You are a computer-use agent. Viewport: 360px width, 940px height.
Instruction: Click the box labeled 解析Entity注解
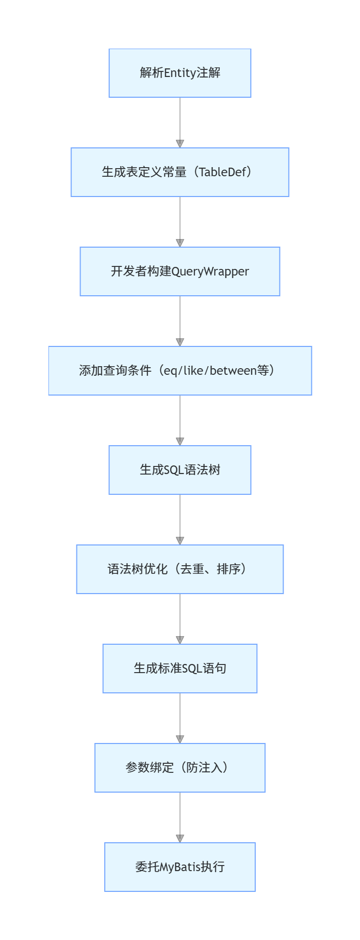[180, 73]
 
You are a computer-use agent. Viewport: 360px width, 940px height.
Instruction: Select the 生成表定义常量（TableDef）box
[180, 172]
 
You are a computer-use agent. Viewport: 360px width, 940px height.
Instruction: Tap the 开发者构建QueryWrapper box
[180, 271]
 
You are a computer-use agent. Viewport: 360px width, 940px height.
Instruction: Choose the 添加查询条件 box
[180, 371]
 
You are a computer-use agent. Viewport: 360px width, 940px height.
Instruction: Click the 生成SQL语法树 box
[180, 470]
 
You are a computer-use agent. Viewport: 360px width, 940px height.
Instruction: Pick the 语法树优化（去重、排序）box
[180, 569]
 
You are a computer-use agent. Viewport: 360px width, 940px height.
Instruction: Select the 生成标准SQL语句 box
[180, 669]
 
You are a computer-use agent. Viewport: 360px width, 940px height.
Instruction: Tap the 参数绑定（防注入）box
[180, 768]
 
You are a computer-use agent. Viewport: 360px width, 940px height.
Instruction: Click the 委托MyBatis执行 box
[180, 867]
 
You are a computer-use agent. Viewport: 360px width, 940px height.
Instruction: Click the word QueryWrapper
[210, 272]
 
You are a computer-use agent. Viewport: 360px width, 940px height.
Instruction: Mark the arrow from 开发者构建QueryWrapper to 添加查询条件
[180, 319]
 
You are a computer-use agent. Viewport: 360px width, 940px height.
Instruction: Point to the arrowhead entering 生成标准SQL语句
[180, 640]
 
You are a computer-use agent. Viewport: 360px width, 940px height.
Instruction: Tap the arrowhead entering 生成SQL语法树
[180, 441]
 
